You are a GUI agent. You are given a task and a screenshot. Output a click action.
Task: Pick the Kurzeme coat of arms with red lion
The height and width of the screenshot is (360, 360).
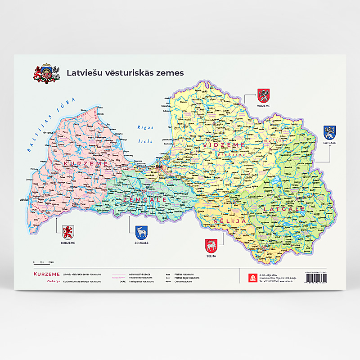(x=68, y=233)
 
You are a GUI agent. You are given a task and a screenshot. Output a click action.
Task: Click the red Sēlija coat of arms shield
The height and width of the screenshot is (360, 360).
(x=211, y=246)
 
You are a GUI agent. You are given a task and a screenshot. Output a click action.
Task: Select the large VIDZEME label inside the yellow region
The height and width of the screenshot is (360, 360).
(x=223, y=145)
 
